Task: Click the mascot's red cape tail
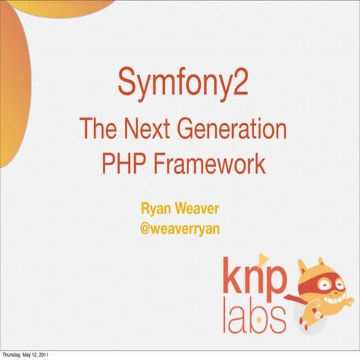tap(288, 299)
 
